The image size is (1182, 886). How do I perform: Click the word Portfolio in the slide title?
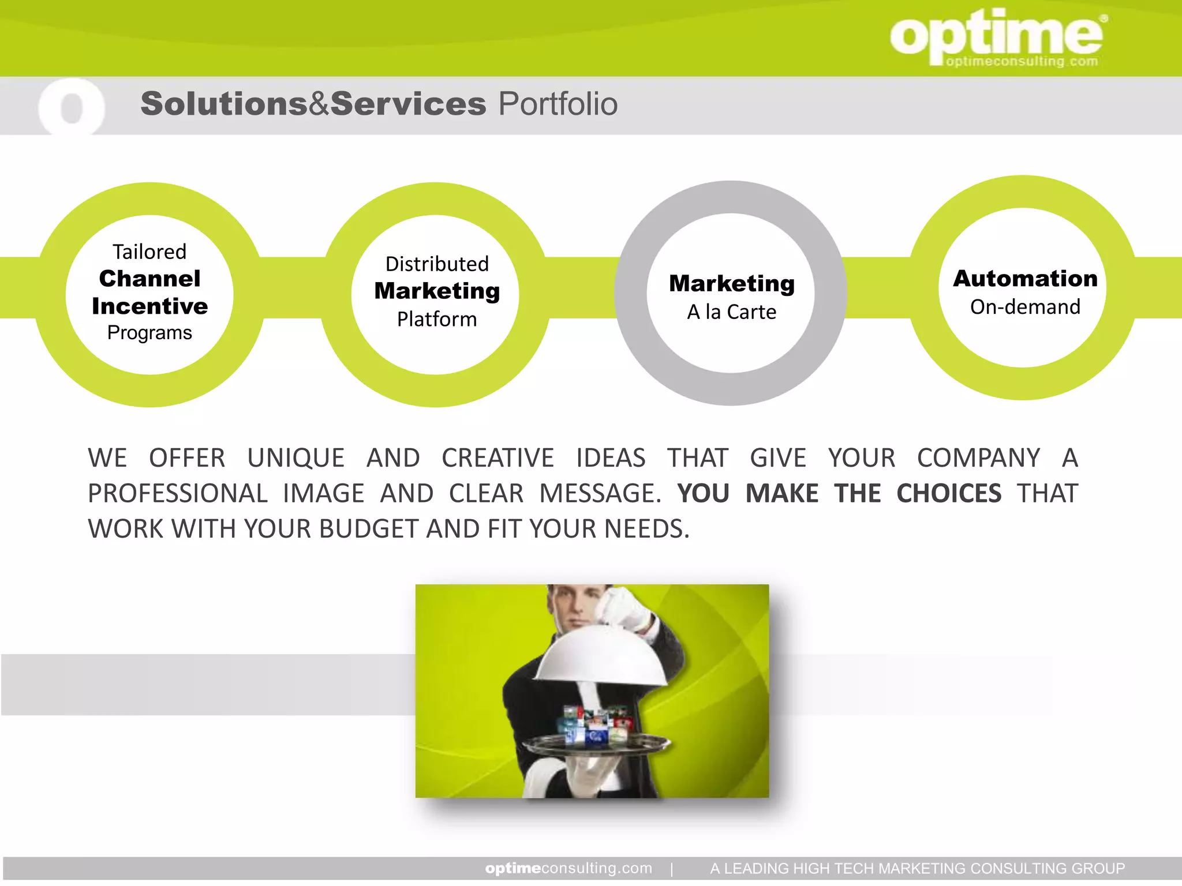(x=558, y=104)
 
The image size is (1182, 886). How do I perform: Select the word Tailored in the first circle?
(x=149, y=252)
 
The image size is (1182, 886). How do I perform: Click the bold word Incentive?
(x=149, y=306)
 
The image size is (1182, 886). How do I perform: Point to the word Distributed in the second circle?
(x=437, y=264)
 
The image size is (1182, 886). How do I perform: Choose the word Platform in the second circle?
(x=437, y=319)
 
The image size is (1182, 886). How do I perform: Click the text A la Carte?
(x=731, y=312)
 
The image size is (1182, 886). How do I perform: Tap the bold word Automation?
(x=1025, y=279)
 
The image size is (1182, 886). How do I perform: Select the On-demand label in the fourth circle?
(x=1025, y=307)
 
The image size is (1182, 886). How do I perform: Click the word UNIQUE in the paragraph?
(x=295, y=458)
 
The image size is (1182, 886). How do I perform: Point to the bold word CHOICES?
(x=949, y=494)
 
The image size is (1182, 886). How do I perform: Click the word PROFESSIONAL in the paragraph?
(x=178, y=494)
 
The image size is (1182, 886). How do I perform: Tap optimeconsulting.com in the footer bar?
(x=568, y=868)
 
